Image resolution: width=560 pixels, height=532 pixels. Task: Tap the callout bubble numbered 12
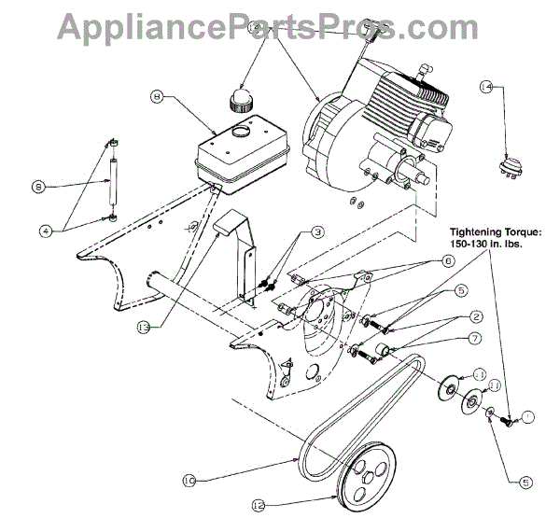point(258,506)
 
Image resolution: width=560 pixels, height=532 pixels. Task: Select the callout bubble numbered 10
point(190,481)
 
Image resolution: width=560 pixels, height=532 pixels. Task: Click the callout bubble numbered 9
point(38,188)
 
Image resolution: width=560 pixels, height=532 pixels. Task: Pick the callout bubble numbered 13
point(143,327)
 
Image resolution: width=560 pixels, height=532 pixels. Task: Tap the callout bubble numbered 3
point(318,231)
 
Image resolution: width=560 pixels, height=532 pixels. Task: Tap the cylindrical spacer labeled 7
point(381,352)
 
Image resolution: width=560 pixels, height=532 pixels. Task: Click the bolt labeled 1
point(508,421)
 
